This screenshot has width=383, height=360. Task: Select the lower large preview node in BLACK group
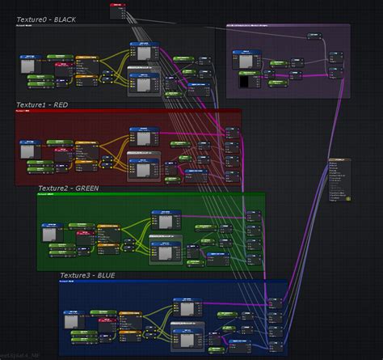[x=146, y=86]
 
